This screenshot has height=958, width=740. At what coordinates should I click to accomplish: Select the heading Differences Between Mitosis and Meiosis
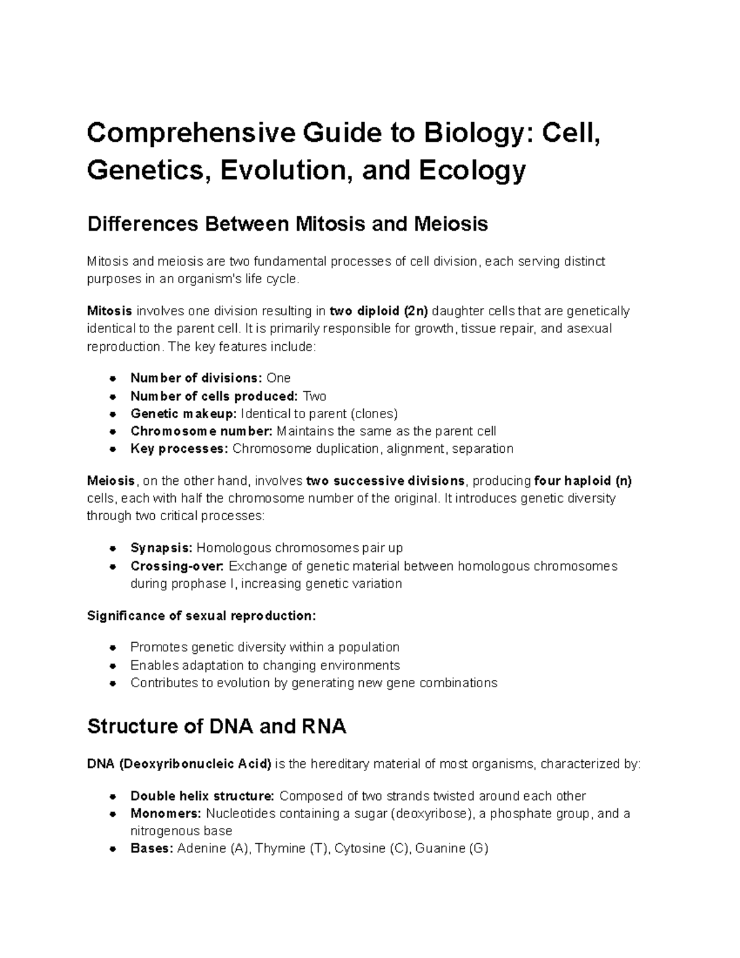287,223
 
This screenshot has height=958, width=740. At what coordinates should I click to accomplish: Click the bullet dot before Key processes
113,449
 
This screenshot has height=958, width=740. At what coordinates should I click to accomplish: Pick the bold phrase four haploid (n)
583,481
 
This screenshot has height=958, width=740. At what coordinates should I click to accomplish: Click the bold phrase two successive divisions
385,481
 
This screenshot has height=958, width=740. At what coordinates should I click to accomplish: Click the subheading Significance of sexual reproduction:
202,616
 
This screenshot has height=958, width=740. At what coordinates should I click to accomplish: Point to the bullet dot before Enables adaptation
113,666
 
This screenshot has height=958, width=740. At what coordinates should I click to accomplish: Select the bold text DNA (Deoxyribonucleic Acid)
179,764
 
